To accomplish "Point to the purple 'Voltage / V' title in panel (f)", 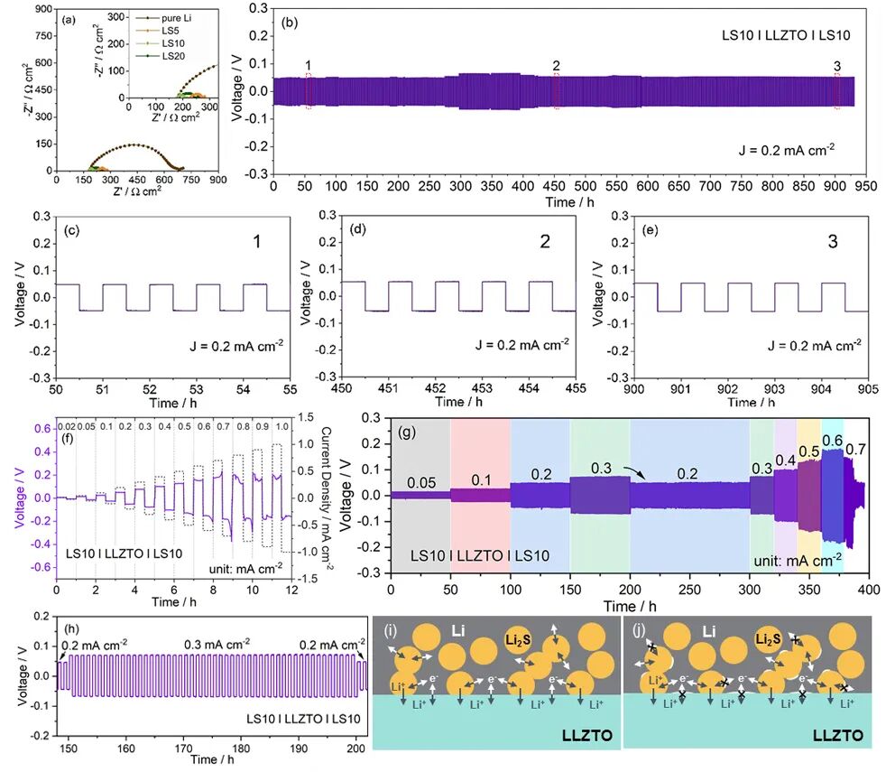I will pyautogui.click(x=15, y=498).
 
